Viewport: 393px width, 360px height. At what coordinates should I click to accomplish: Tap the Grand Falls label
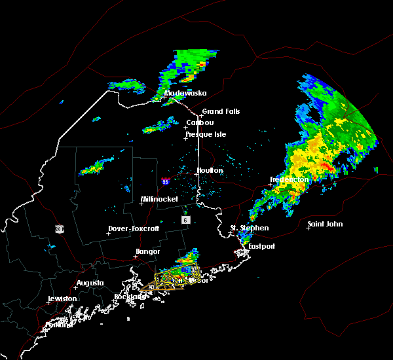(x=221, y=111)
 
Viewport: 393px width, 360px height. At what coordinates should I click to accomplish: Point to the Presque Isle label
(x=205, y=134)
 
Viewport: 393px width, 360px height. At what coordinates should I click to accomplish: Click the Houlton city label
(x=210, y=170)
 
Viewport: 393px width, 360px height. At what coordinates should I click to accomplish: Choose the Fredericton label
(x=289, y=179)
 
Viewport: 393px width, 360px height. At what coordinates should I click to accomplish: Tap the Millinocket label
(x=160, y=199)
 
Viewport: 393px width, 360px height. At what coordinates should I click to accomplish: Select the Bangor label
(x=147, y=251)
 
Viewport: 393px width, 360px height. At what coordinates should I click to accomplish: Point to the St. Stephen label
(x=249, y=228)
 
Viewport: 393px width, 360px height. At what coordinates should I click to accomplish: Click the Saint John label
(x=325, y=224)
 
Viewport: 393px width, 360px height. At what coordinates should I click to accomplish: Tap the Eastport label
(x=262, y=246)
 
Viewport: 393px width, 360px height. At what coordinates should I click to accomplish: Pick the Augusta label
(x=90, y=283)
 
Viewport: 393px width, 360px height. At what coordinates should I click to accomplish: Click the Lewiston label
(x=62, y=298)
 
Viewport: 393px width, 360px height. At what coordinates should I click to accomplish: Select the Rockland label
(x=132, y=297)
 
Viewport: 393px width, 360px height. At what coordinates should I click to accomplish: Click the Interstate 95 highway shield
(x=166, y=181)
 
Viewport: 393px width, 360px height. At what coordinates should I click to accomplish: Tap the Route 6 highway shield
(x=186, y=220)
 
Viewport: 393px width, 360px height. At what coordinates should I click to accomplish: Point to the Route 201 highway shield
(x=59, y=228)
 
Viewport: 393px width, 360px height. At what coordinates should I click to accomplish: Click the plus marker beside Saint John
(x=309, y=228)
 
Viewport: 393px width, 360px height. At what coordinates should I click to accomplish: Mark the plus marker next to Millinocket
(x=141, y=204)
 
